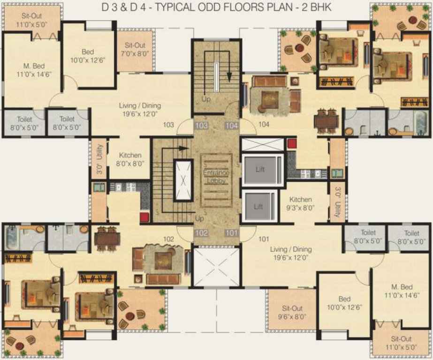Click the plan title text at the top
tap(216, 8)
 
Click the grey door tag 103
tap(201, 126)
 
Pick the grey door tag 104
tap(232, 126)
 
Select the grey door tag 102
tap(201, 232)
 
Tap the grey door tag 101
tap(232, 232)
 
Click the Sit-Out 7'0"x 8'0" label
tap(135, 49)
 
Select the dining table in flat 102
tap(107, 239)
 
